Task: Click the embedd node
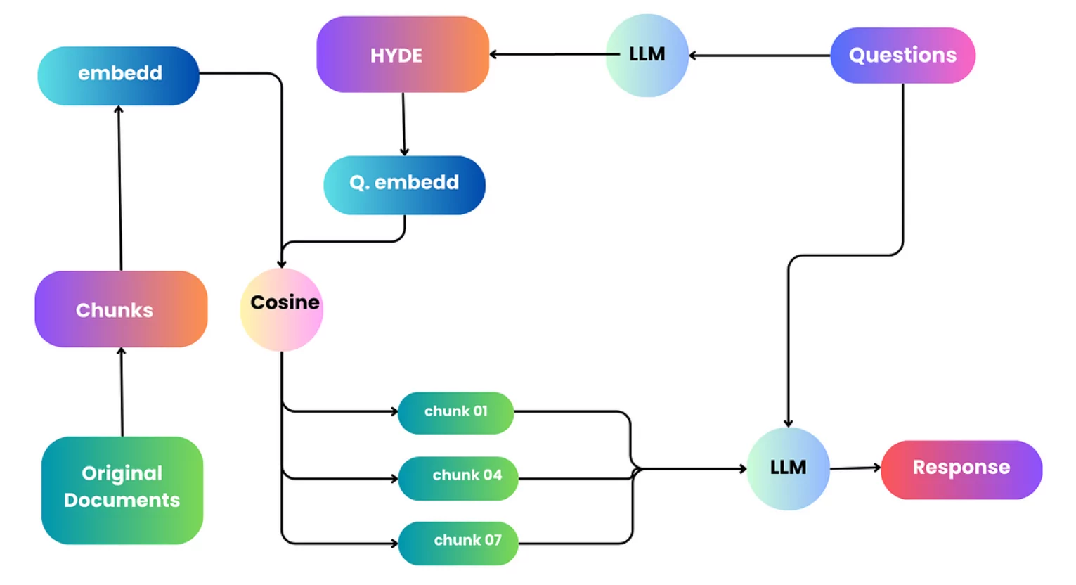pos(118,75)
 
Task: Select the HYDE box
pos(403,55)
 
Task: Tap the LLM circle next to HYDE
pos(647,55)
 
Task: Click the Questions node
pos(902,55)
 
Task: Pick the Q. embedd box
pos(404,184)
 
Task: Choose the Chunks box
pos(121,309)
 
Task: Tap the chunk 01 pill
pos(455,413)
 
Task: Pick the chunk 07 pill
pos(458,543)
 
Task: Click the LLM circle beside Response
pos(788,468)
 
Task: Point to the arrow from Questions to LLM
pos(759,55)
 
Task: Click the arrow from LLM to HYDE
pos(548,54)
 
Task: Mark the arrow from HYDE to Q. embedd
pos(403,124)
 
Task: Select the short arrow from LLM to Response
pos(855,468)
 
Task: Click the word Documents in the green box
pos(122,500)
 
